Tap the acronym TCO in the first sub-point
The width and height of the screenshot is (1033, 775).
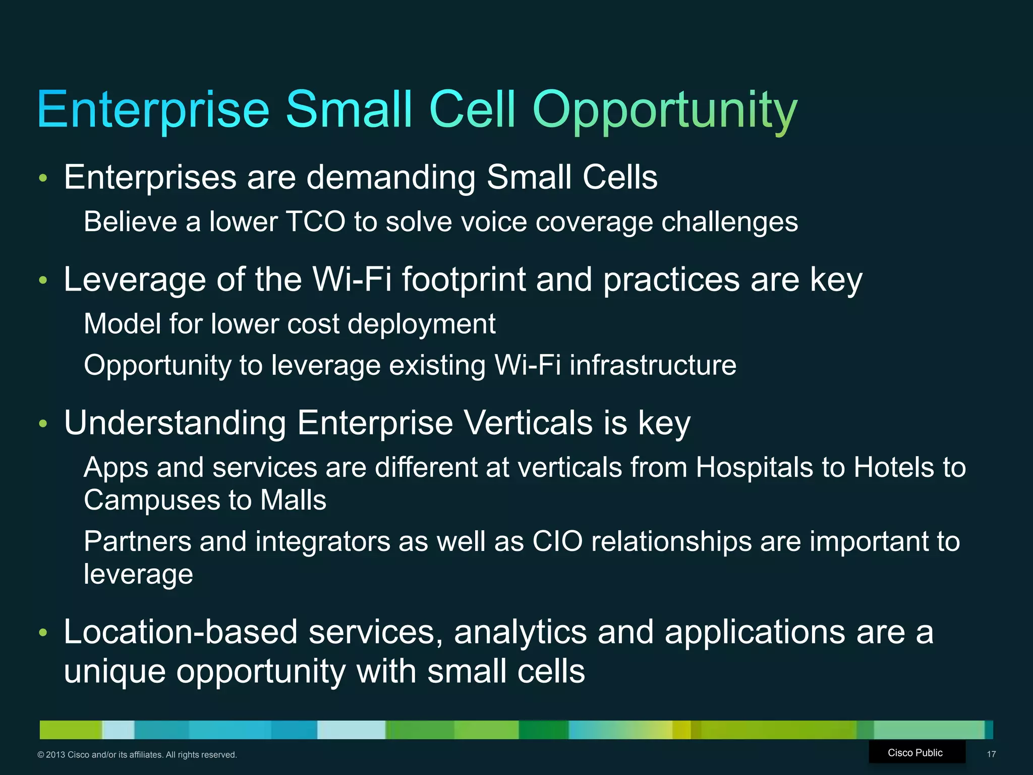315,222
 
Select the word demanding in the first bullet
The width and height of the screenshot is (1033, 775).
391,178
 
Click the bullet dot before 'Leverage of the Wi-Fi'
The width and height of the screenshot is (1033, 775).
43,280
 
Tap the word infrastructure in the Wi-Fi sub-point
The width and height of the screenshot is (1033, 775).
653,365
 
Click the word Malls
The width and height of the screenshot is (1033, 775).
293,501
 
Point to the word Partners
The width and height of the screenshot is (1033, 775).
137,542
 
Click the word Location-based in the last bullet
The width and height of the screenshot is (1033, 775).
181,632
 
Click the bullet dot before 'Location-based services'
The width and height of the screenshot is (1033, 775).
43,633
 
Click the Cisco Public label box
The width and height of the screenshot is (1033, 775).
915,753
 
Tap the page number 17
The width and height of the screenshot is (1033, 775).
991,754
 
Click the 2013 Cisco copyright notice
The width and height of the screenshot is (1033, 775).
137,755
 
